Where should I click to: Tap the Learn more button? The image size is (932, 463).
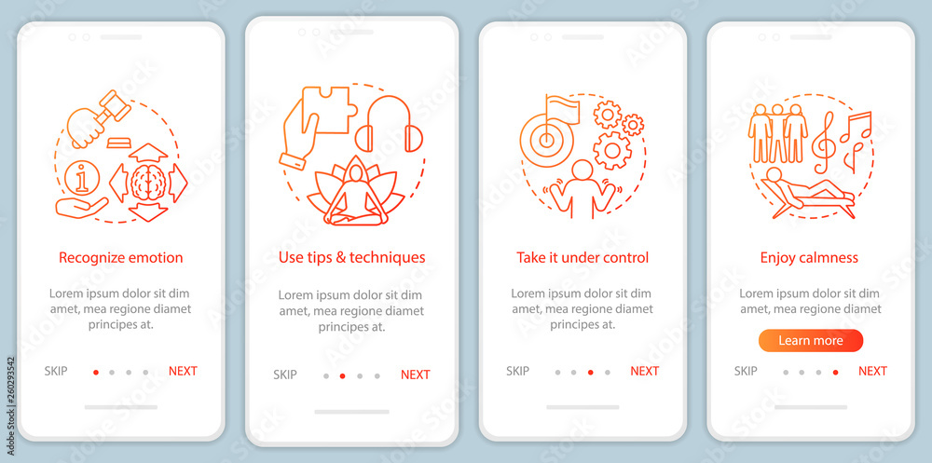(x=810, y=341)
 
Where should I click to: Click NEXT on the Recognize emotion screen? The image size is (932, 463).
(x=183, y=371)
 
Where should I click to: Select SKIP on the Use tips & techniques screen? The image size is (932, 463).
(x=284, y=374)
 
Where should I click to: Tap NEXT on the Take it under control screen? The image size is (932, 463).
(x=644, y=371)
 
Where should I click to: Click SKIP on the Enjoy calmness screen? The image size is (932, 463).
(x=746, y=371)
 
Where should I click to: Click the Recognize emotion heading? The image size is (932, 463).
(x=120, y=258)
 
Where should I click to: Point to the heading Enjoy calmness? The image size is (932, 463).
(x=809, y=258)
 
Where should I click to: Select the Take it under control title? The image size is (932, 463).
(x=582, y=257)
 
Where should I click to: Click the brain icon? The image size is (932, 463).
(x=148, y=183)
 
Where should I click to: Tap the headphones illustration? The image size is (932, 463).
(x=389, y=123)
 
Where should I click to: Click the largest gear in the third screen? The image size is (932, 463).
(x=612, y=150)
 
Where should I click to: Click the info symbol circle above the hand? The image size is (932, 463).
(x=83, y=177)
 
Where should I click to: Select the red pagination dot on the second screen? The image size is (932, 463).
(x=342, y=375)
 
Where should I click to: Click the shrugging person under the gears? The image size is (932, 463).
(x=582, y=189)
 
